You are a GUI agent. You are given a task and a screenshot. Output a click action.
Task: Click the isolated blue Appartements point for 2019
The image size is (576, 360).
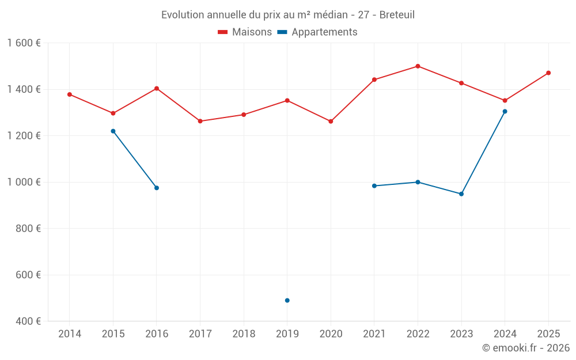[287, 300]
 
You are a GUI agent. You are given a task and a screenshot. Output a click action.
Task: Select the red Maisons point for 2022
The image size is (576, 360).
[418, 66]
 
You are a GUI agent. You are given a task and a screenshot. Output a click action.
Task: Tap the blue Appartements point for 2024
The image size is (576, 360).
[505, 111]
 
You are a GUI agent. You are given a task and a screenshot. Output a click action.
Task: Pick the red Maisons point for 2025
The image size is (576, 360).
[548, 73]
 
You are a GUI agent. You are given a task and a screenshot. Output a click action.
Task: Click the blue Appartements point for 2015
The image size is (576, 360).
[113, 131]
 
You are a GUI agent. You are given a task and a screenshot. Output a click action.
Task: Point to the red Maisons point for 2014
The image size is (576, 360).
[70, 94]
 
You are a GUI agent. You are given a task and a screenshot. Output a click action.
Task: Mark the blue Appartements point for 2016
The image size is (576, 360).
[157, 188]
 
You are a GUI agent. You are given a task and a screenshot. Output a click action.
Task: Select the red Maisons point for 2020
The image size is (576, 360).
[331, 122]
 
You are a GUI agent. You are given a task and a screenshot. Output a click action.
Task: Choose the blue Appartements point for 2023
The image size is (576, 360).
[461, 194]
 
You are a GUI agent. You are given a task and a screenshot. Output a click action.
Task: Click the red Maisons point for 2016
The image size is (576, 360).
[157, 89]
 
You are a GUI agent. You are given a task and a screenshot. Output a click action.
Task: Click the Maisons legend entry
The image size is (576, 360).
[245, 32]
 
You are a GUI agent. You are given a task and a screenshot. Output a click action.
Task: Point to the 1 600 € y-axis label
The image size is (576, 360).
[24, 43]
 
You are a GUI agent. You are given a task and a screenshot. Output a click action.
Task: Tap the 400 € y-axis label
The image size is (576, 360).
[28, 321]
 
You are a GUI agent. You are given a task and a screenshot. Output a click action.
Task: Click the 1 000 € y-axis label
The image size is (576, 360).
[24, 182]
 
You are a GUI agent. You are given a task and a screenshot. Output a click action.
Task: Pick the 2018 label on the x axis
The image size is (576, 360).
[244, 334]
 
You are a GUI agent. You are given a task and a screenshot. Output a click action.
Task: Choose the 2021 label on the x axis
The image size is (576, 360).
[374, 334]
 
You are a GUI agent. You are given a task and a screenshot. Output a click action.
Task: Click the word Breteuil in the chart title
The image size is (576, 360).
[397, 15]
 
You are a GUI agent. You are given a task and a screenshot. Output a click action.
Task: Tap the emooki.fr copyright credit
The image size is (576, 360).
[525, 348]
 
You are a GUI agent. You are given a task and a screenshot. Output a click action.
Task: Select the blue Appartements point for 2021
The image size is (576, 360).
[374, 185]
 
